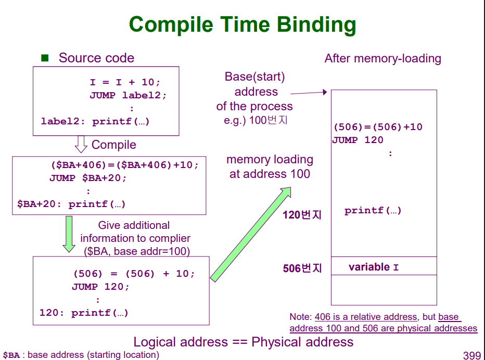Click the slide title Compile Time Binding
tap(242, 24)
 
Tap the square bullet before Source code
tap(45, 58)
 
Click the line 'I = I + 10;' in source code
tap(125, 82)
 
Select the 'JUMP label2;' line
tap(128, 95)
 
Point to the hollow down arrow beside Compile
tap(81, 144)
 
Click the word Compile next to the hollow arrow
tap(113, 145)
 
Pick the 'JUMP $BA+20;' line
tap(88, 178)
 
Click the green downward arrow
tap(68, 234)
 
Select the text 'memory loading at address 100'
tap(270, 166)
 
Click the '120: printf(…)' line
tap(84, 313)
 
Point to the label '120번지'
tap(302, 215)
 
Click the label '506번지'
tap(302, 268)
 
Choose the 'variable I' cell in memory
tap(374, 267)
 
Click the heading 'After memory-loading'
tap(382, 58)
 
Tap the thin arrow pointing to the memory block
tap(308, 93)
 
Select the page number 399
tap(471, 355)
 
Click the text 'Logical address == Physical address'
tap(243, 342)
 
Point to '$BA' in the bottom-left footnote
tap(11, 355)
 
